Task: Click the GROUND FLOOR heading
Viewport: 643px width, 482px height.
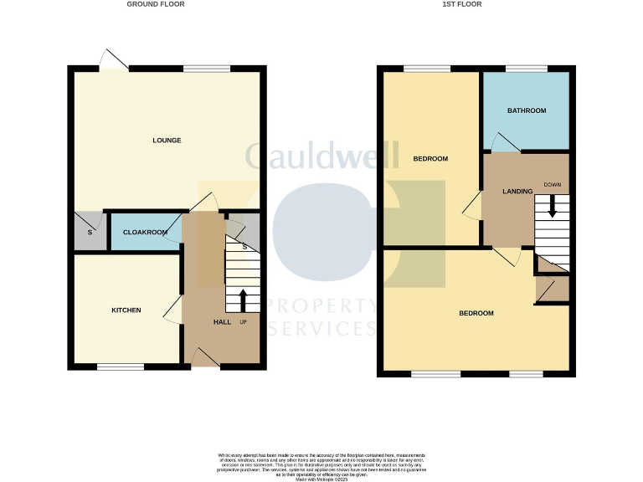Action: pos(156,4)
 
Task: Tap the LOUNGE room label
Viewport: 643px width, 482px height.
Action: pos(167,140)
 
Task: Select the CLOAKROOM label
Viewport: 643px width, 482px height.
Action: pos(146,232)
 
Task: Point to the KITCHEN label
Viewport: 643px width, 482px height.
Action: pos(126,310)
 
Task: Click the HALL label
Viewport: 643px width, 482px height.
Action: pos(221,322)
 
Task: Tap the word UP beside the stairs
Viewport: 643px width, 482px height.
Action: pos(244,322)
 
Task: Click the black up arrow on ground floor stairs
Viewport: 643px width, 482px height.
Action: pos(244,300)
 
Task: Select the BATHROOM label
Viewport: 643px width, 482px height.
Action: pos(527,110)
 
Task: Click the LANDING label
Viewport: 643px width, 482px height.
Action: pos(517,192)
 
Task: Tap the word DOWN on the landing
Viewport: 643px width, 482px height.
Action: pos(552,184)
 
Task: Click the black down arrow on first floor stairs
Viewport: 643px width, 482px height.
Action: pos(552,207)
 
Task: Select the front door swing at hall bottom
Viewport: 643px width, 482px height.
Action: pos(206,358)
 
